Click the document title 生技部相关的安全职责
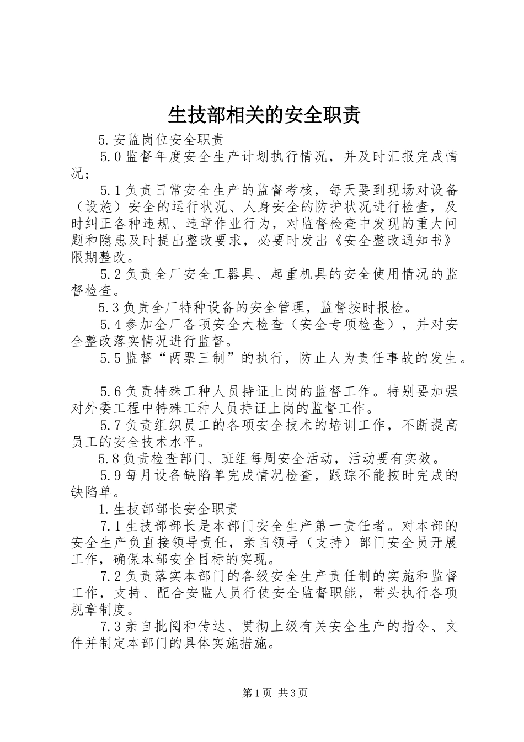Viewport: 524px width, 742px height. (x=264, y=114)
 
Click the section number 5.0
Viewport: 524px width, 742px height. (x=110, y=156)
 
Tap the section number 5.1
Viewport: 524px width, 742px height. (x=110, y=190)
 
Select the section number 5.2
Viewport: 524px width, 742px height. (x=110, y=273)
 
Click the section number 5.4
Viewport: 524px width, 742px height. (x=110, y=325)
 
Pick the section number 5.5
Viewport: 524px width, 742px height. (x=110, y=358)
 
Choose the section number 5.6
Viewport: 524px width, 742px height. (x=110, y=392)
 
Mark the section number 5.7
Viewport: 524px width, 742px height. (x=110, y=426)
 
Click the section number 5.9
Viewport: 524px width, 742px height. (x=110, y=475)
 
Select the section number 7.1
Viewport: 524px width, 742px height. (x=110, y=526)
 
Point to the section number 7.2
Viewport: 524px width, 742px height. (x=110, y=576)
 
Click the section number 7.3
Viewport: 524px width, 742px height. (x=110, y=627)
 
